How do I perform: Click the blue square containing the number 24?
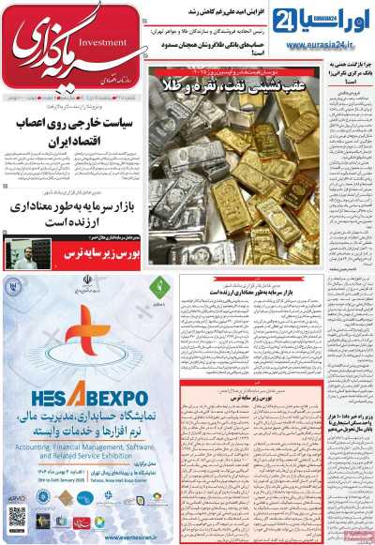[x=279, y=15]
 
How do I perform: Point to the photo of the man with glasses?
[x=20, y=253]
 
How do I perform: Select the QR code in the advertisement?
[x=16, y=517]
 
